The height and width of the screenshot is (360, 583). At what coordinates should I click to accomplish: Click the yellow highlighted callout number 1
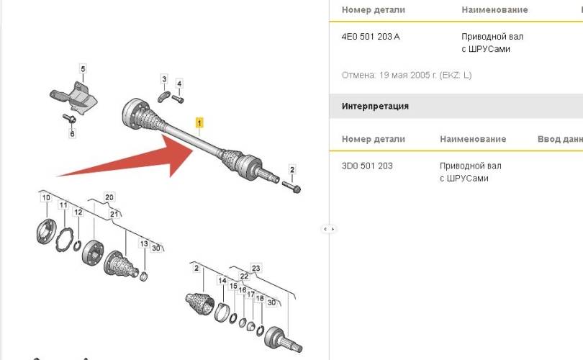click(199, 122)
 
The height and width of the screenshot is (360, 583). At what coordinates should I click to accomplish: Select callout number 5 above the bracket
click(83, 69)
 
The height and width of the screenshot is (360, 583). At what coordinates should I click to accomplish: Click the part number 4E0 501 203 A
click(371, 37)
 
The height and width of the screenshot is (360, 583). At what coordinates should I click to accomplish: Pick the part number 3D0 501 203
click(367, 166)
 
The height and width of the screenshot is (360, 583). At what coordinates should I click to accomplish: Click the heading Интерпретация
click(375, 107)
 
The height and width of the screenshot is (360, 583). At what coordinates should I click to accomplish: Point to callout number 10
click(46, 198)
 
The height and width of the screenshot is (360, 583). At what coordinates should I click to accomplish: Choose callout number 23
click(256, 268)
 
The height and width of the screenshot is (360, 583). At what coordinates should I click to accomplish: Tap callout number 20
click(109, 197)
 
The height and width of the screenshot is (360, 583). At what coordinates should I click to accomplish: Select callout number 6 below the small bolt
click(72, 133)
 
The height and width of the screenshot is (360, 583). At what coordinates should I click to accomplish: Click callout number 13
click(144, 243)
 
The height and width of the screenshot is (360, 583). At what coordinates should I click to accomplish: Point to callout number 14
click(222, 280)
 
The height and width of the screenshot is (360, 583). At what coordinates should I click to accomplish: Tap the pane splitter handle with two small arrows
click(329, 229)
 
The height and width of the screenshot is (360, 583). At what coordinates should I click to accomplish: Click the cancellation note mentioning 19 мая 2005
click(407, 75)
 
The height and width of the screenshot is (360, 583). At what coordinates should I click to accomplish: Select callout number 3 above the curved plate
click(164, 79)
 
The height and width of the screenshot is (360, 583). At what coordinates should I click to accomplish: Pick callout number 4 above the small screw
click(179, 84)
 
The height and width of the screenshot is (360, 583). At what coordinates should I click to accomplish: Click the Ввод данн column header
click(560, 139)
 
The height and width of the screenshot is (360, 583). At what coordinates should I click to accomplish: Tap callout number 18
click(260, 298)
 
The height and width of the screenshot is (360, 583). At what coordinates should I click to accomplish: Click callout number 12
click(78, 212)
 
